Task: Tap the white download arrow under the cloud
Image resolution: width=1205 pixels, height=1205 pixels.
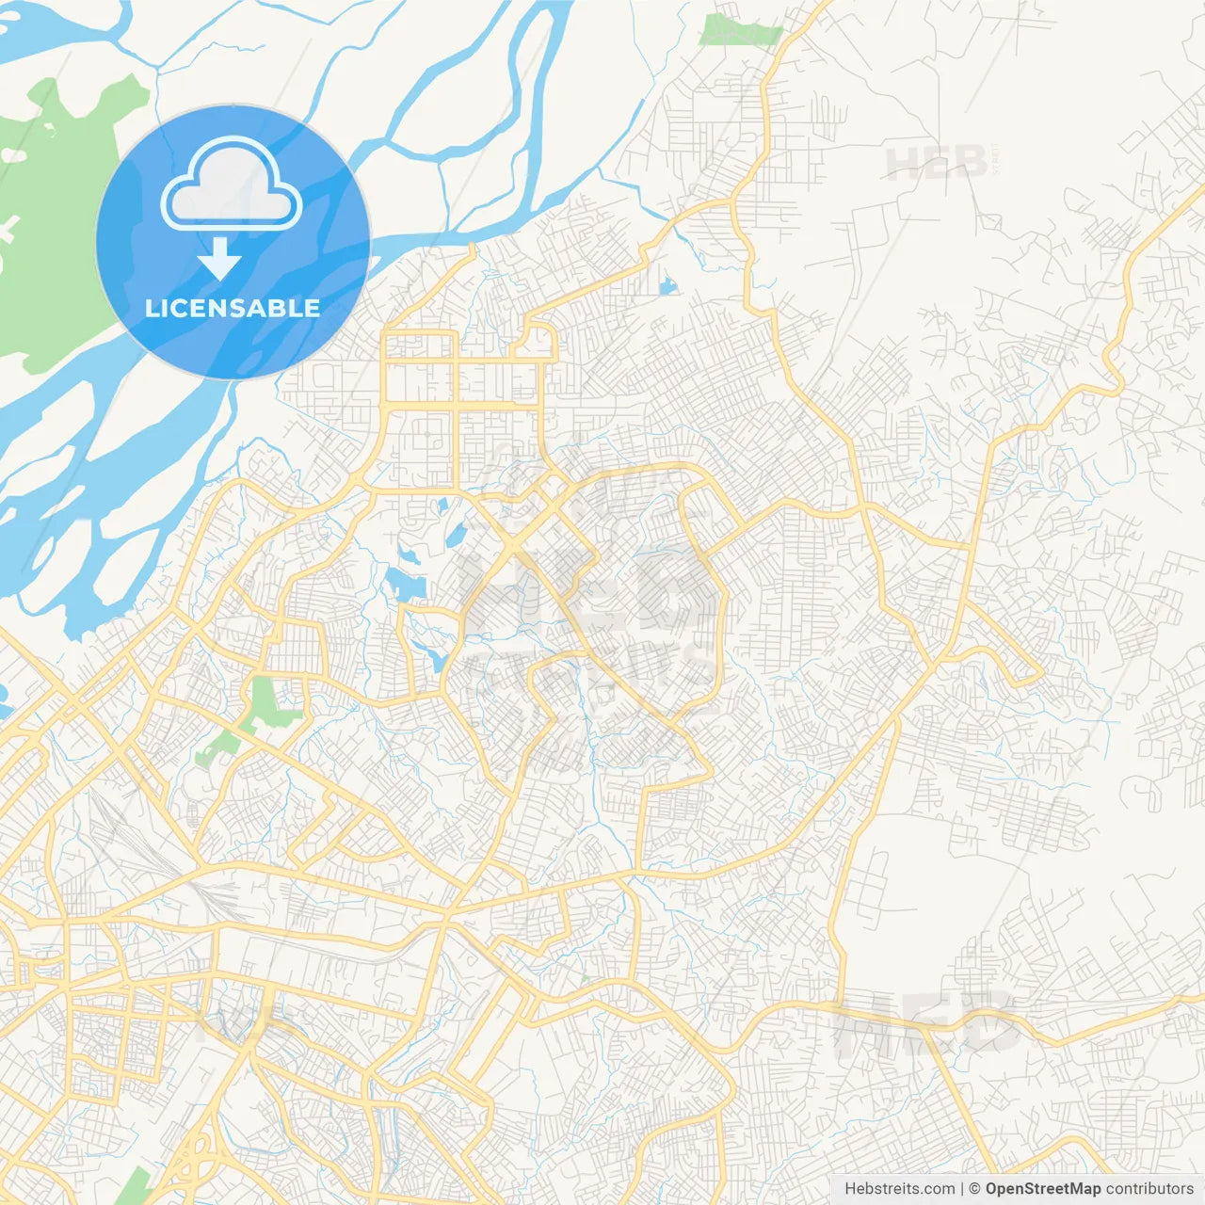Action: pos(220,259)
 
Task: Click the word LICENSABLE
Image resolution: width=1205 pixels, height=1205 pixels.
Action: pos(233,308)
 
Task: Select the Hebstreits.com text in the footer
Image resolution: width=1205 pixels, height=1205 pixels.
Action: pos(899,1189)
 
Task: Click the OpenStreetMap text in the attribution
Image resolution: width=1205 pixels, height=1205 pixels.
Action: pos(1043,1189)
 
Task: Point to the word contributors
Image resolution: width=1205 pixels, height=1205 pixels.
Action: pos(1149,1189)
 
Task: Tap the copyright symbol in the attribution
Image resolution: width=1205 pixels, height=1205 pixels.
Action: pos(975,1189)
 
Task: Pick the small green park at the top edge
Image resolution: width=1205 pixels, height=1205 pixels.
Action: pos(741,30)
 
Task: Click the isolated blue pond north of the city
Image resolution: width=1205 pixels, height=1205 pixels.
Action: pos(667,283)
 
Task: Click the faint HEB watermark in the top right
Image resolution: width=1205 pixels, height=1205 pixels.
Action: pos(937,164)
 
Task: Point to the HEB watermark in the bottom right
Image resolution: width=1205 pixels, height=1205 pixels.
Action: pos(927,1026)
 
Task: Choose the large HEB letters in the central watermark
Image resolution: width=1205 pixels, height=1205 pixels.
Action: pos(588,588)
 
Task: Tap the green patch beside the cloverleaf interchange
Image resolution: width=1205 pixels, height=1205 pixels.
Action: pos(137,1184)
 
